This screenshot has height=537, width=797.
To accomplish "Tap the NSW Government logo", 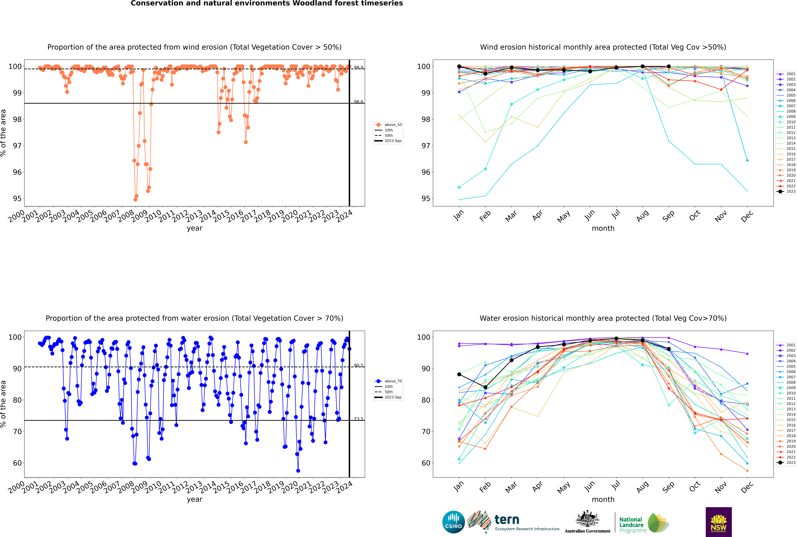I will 719,522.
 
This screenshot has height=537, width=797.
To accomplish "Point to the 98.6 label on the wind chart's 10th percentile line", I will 358,102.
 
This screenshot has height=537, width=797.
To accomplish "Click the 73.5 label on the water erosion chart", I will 358,419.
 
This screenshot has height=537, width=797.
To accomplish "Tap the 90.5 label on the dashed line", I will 358,365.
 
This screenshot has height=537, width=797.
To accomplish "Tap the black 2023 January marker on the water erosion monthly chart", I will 459,374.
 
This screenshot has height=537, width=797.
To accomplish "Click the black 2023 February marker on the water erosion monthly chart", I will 485,387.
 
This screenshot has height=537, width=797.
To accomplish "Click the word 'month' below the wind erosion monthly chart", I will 603,228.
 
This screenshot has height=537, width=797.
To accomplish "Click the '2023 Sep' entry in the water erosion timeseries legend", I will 393,397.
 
